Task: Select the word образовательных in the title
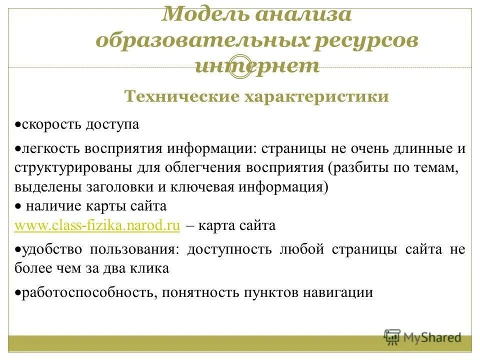(200, 40)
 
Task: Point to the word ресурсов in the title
(365, 40)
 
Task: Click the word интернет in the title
(257, 66)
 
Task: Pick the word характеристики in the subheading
(316, 96)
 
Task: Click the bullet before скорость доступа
(17, 124)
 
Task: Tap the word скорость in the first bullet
(47, 124)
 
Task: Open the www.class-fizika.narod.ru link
(97, 225)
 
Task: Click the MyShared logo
(422, 337)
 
